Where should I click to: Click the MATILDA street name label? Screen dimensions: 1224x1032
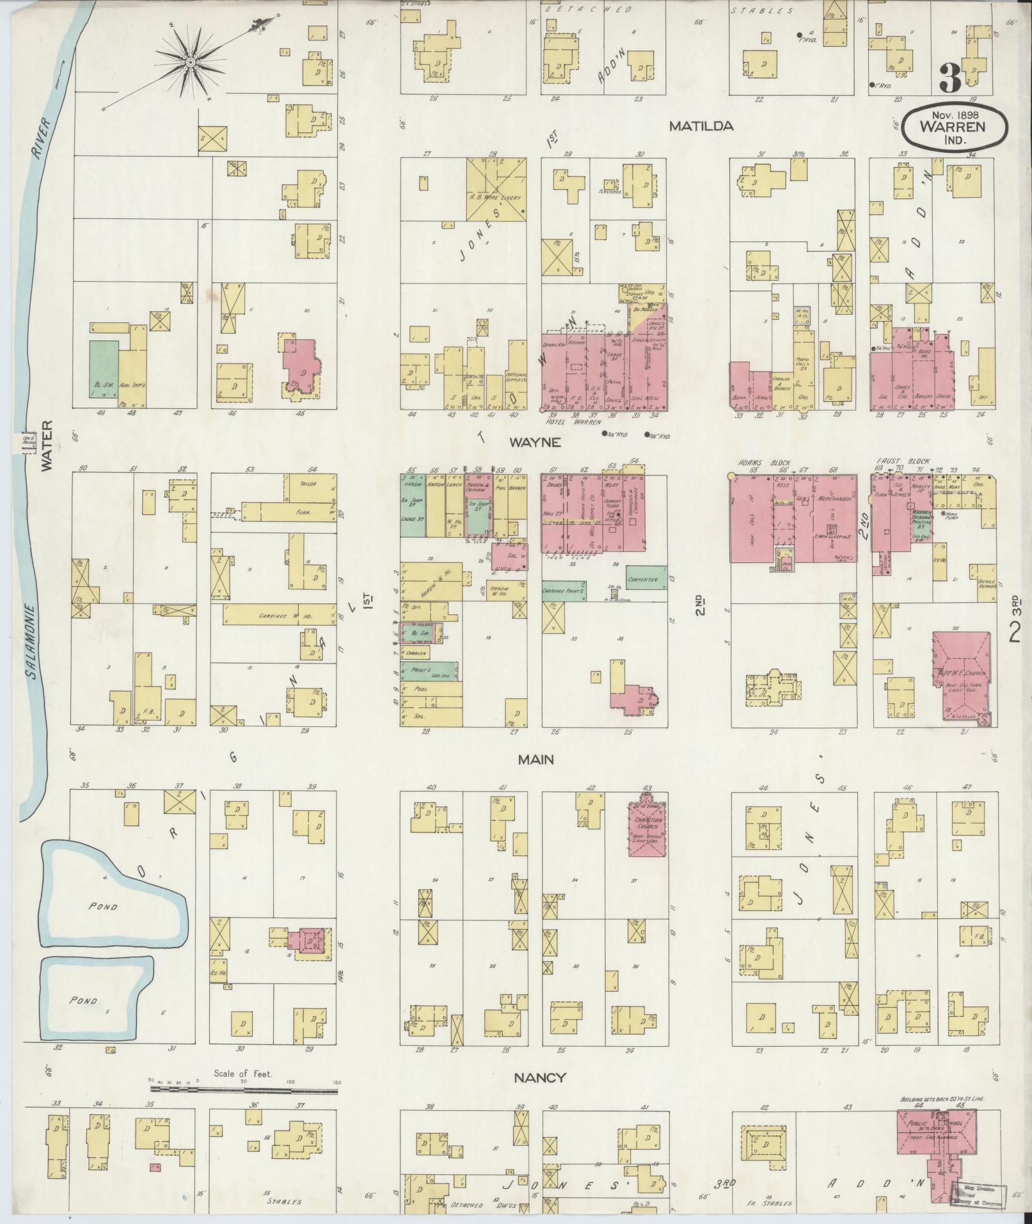(x=701, y=127)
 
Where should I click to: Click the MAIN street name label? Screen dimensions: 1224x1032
(x=536, y=759)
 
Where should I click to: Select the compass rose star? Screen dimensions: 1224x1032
(x=190, y=62)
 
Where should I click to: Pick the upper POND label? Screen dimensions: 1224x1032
(x=104, y=907)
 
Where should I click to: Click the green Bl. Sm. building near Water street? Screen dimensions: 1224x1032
(x=104, y=374)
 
